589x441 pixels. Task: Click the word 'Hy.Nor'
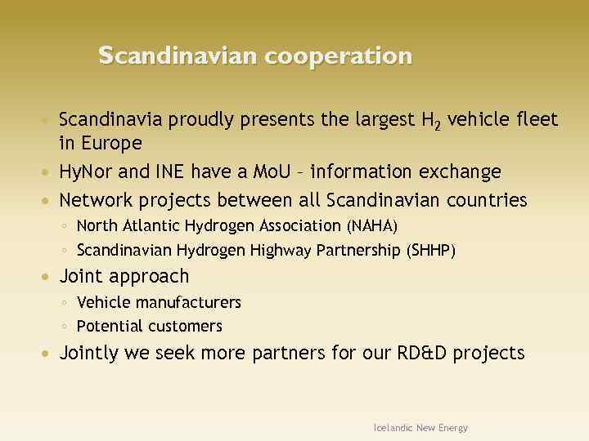pyautogui.click(x=88, y=172)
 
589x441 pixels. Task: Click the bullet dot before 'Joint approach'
pyautogui.click(x=51, y=277)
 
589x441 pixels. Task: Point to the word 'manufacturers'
pyautogui.click(x=189, y=303)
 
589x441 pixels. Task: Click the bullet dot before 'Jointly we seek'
pyautogui.click(x=51, y=354)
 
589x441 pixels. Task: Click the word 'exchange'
pyautogui.click(x=461, y=172)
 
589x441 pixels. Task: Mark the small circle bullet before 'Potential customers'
pyautogui.click(x=65, y=327)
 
